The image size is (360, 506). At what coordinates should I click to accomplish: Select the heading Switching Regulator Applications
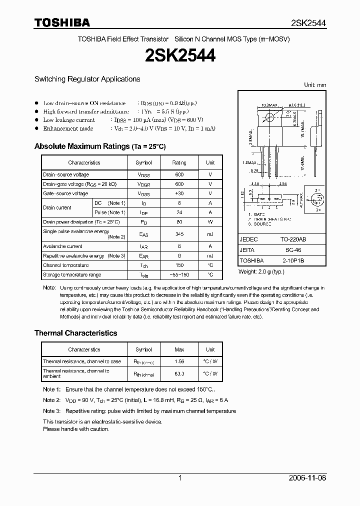tap(87, 79)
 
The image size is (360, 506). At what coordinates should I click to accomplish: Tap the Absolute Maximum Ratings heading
tap(99, 146)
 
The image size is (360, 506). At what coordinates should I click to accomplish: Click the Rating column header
tap(179, 162)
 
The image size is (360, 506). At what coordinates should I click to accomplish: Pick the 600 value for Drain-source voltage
tap(179, 174)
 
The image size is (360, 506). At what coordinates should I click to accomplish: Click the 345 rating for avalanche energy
tap(179, 233)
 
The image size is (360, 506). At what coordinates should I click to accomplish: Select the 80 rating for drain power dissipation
tap(179, 221)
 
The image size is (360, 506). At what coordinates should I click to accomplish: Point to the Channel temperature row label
tap(66, 265)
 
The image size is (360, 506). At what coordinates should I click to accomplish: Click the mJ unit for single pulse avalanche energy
tap(210, 233)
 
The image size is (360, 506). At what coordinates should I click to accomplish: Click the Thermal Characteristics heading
tap(75, 333)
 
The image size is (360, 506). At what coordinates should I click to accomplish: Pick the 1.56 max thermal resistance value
tap(179, 361)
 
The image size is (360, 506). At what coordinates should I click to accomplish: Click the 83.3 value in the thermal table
tap(179, 373)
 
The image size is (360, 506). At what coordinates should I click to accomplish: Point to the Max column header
tap(179, 349)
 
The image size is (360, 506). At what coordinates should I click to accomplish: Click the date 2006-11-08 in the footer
tap(307, 478)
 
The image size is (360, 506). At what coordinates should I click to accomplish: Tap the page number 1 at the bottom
tap(179, 478)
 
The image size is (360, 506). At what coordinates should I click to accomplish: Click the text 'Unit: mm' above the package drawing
tap(315, 85)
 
